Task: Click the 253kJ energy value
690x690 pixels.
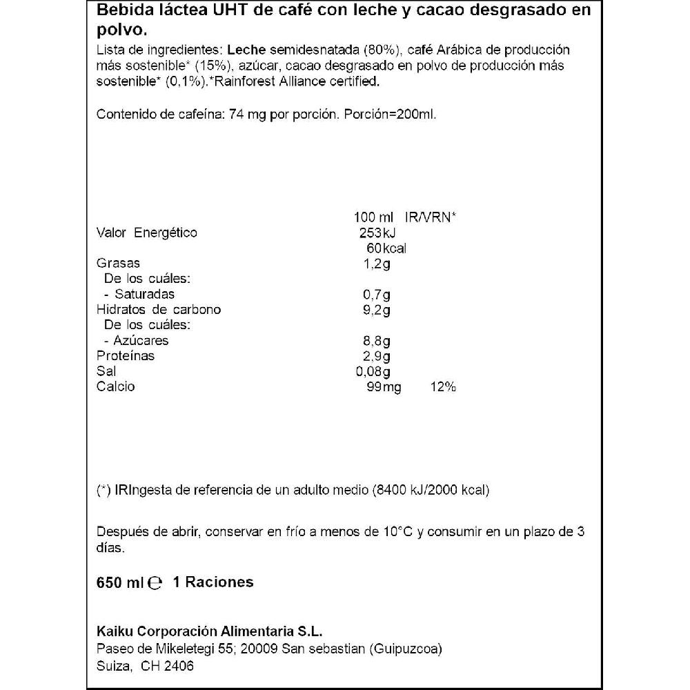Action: pyautogui.click(x=377, y=233)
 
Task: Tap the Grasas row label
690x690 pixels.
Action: pyautogui.click(x=118, y=263)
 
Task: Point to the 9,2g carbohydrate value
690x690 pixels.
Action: pyautogui.click(x=377, y=309)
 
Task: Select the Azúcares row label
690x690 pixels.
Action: pyautogui.click(x=135, y=340)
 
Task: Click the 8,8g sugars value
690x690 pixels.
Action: pyautogui.click(x=377, y=340)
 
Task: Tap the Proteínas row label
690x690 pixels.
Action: pyautogui.click(x=126, y=356)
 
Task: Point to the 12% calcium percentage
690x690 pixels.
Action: pyautogui.click(x=442, y=386)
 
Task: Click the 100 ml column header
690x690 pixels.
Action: pyautogui.click(x=373, y=217)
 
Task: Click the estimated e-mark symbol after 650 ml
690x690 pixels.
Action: pyautogui.click(x=155, y=582)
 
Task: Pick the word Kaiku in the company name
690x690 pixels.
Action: pyautogui.click(x=112, y=633)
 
